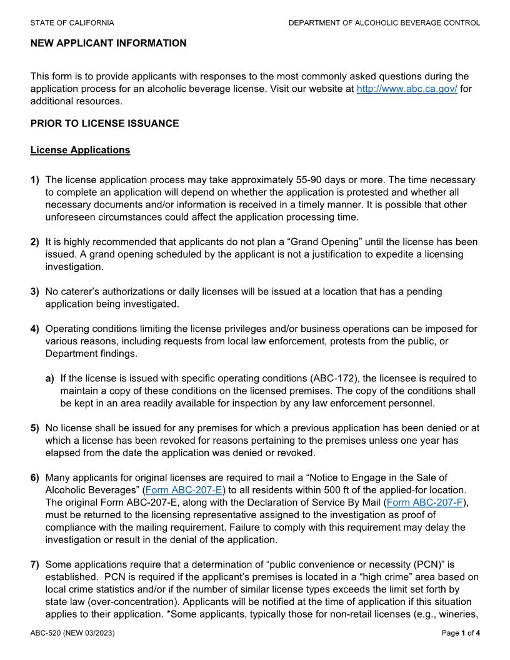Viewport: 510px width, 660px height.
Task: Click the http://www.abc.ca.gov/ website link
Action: point(406,89)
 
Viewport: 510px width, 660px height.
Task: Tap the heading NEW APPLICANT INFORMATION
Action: point(108,43)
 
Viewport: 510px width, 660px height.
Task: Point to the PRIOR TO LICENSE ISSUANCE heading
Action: point(104,123)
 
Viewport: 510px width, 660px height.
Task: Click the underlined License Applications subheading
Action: point(80,150)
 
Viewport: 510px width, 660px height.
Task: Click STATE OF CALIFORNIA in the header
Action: point(72,23)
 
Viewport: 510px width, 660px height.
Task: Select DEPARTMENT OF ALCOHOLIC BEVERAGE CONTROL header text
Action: point(384,23)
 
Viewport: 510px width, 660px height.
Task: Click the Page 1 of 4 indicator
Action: point(461,633)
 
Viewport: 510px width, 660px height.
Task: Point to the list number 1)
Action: point(35,180)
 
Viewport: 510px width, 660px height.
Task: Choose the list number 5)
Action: point(35,428)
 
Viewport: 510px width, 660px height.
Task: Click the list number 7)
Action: point(35,564)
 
